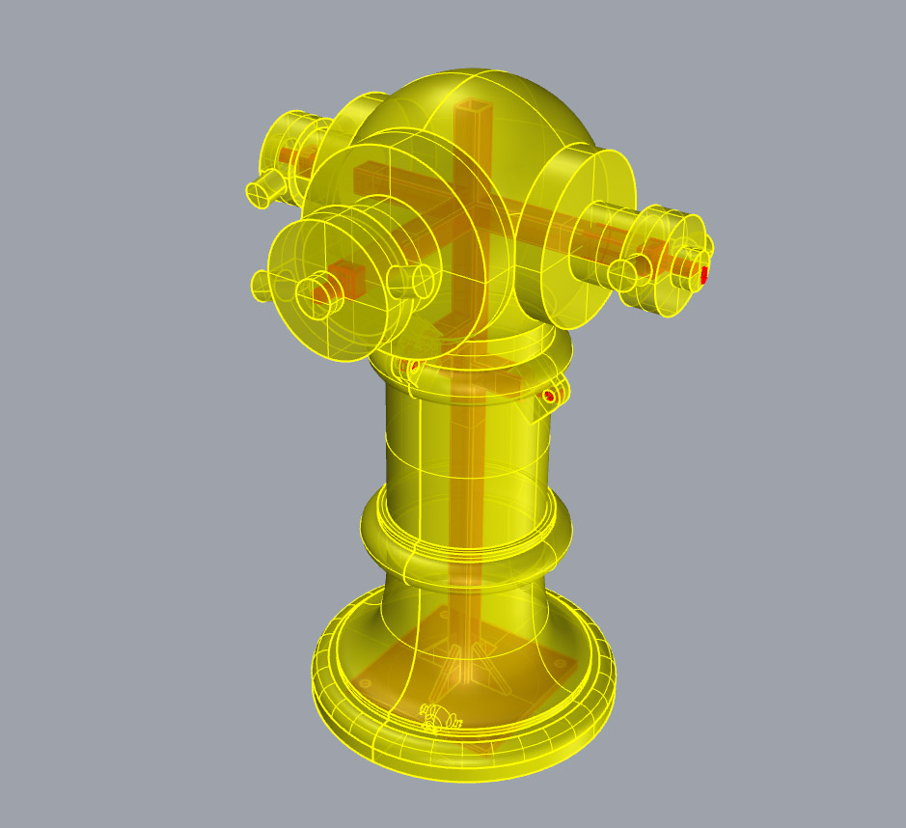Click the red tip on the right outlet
[x=705, y=275]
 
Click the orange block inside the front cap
[x=348, y=277]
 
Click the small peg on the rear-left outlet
[x=260, y=194]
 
